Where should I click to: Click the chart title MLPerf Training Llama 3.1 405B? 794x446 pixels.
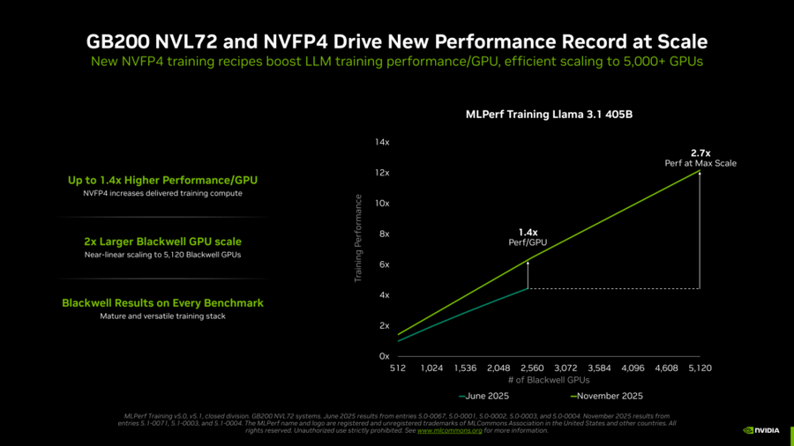(x=549, y=115)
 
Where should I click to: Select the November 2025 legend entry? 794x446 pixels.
(x=609, y=397)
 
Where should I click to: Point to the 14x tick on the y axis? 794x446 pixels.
(x=382, y=142)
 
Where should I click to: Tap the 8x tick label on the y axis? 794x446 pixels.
(x=384, y=234)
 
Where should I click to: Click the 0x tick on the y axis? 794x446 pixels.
(x=384, y=356)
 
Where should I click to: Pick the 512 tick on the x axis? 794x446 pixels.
(x=397, y=368)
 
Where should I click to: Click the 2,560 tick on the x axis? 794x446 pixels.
(x=532, y=368)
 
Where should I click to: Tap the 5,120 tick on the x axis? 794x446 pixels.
(x=700, y=368)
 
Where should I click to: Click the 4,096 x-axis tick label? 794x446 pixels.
(x=633, y=368)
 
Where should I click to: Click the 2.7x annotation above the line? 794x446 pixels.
(x=700, y=153)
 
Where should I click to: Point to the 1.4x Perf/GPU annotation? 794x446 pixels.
(x=528, y=237)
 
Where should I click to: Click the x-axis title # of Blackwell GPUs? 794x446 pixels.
(x=549, y=379)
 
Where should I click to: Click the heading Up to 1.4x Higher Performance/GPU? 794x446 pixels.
(x=162, y=181)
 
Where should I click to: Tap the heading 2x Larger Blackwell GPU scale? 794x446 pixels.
(x=162, y=242)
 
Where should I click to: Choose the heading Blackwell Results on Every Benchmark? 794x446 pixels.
(x=162, y=302)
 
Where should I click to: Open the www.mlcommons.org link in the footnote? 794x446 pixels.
(x=450, y=430)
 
